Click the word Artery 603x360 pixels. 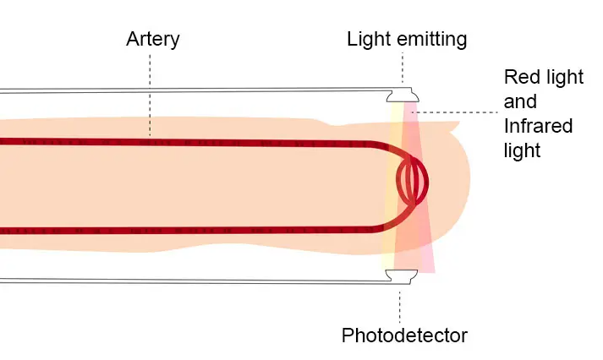[x=153, y=40]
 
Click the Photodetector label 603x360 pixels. [x=404, y=335]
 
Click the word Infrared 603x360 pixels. [x=539, y=126]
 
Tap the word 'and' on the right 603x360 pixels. [x=520, y=101]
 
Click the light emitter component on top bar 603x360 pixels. [x=403, y=95]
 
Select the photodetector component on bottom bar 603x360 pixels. [x=402, y=275]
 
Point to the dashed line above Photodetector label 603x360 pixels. [x=399, y=308]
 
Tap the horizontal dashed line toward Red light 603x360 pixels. [x=455, y=112]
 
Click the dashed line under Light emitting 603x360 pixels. [x=403, y=68]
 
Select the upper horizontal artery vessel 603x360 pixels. [x=192, y=143]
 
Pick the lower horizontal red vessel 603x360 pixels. [x=192, y=231]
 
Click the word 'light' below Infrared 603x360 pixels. [x=522, y=150]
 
